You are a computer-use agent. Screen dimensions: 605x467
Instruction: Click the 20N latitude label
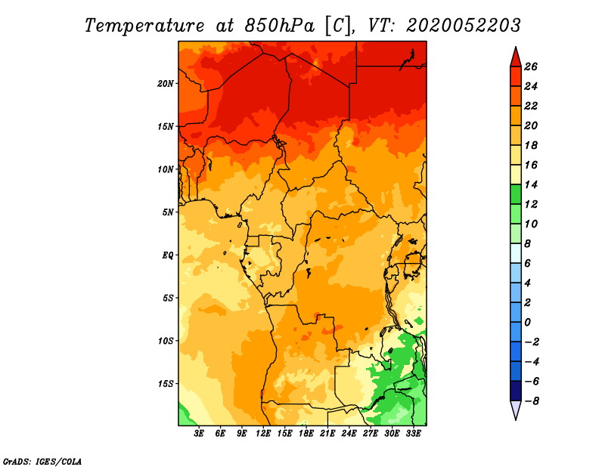[166, 84]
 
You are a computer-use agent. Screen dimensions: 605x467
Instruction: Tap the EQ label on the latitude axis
[168, 255]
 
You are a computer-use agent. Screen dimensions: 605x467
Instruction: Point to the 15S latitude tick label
[166, 384]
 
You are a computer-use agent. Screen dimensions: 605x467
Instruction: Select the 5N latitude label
[168, 212]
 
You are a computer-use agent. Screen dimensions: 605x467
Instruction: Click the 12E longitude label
[263, 434]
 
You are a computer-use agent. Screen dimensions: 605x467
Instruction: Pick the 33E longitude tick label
[413, 434]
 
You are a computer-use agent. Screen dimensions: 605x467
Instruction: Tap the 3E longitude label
[199, 434]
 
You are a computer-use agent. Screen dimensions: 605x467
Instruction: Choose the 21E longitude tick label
[327, 434]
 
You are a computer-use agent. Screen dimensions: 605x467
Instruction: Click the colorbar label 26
[531, 66]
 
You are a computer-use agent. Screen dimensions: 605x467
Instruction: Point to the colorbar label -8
[532, 401]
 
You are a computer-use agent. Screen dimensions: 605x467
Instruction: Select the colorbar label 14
[531, 184]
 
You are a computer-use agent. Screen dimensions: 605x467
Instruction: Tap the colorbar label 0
[528, 323]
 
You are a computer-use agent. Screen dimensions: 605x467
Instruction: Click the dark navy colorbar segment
[516, 391]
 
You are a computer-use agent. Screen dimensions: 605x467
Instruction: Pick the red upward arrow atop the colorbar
[516, 57]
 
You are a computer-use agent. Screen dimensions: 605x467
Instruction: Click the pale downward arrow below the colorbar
[516, 410]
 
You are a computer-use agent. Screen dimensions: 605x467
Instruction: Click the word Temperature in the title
[144, 26]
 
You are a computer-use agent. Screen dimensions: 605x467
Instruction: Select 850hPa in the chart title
[279, 26]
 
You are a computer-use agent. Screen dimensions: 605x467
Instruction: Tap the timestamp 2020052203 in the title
[464, 26]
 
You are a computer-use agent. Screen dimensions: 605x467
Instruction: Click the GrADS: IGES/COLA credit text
[42, 462]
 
